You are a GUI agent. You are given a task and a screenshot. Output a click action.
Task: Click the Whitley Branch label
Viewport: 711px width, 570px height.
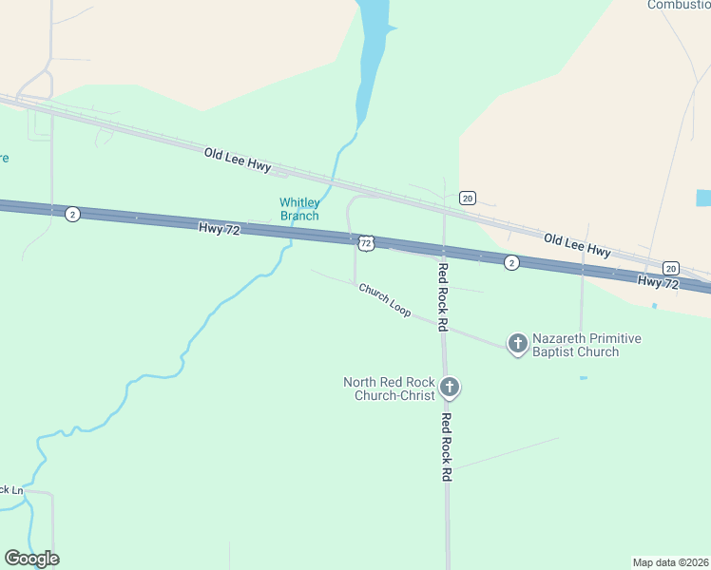point(299,209)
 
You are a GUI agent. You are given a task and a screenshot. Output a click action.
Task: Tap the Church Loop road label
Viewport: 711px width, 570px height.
point(385,299)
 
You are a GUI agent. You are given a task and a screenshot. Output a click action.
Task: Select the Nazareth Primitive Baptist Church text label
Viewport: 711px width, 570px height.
point(586,345)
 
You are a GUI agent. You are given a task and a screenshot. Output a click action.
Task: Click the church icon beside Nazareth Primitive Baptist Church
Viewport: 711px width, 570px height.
point(517,343)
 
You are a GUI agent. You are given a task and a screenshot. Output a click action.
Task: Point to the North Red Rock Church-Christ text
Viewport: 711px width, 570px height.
point(389,389)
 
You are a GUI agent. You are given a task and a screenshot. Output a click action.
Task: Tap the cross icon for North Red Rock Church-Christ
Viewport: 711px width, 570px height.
point(451,387)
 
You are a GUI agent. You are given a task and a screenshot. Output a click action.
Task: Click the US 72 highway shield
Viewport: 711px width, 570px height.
point(367,244)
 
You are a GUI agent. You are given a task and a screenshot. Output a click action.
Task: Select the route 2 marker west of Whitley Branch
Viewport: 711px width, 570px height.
point(72,214)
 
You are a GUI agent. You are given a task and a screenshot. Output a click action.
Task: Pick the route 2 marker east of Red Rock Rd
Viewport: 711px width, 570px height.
point(511,262)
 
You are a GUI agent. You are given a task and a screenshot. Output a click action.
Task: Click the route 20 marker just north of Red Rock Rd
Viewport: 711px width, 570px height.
point(467,198)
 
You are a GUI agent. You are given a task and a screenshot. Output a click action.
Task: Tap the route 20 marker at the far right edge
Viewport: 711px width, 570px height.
point(671,268)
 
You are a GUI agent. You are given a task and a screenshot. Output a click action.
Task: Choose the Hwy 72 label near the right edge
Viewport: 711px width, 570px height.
point(659,283)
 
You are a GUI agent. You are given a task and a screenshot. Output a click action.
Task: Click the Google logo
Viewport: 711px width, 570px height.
point(32,559)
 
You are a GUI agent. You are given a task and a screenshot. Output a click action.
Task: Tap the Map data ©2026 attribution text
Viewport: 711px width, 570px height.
point(670,561)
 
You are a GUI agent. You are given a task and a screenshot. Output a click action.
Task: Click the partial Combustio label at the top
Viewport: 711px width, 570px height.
point(679,5)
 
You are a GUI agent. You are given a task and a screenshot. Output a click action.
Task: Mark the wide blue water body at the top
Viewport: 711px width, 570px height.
point(374,38)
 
